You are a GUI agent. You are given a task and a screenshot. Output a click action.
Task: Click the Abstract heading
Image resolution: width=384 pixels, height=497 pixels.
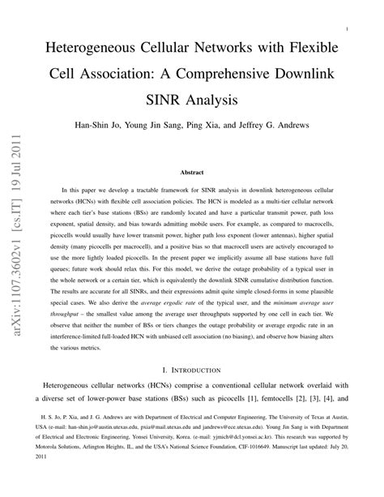coord(192,172)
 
